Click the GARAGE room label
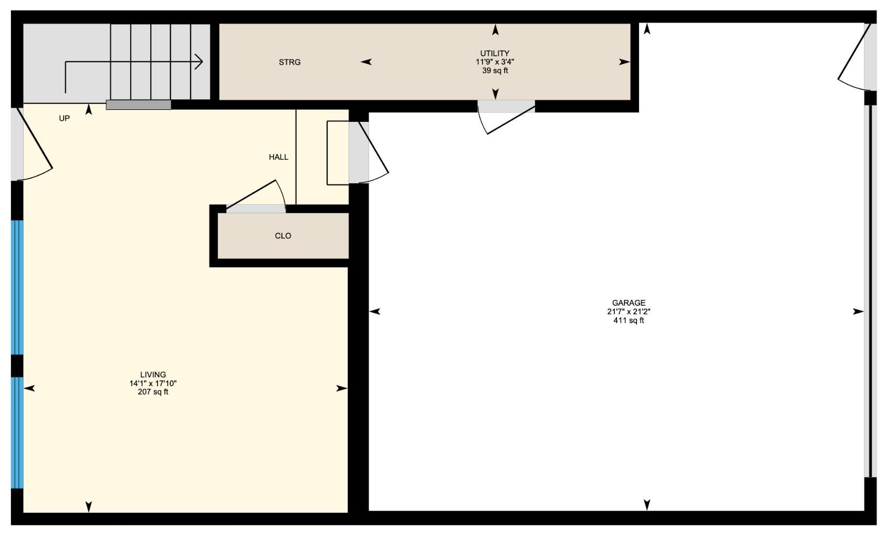coord(628,303)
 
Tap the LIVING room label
coord(153,375)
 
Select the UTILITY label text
coord(495,53)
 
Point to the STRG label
coord(289,62)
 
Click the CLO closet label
coord(283,235)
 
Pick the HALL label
coord(278,157)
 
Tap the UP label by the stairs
coord(64,118)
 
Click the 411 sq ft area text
coord(628,320)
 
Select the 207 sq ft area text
coord(153,392)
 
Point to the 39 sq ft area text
coord(495,70)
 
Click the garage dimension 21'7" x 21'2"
coord(628,312)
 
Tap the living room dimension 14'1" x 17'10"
coord(153,384)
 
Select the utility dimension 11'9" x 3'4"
coord(495,61)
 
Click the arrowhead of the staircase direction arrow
coord(200,61)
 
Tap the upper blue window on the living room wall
coord(17,287)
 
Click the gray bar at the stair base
coord(139,105)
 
